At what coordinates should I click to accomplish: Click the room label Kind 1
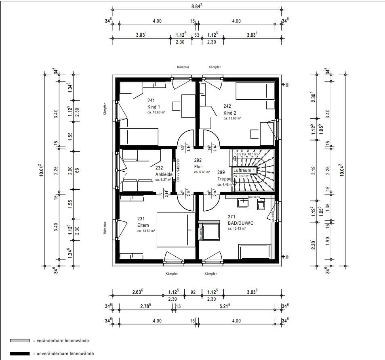[154, 107]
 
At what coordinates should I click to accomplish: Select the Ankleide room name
[164, 174]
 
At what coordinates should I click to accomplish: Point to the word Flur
[198, 166]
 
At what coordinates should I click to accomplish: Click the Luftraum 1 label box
[244, 171]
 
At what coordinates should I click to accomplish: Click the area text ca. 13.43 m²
[237, 228]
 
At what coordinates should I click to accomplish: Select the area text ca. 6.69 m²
[202, 172]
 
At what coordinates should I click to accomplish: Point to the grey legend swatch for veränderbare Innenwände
[20, 341]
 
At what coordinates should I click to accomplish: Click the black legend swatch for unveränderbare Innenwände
[20, 354]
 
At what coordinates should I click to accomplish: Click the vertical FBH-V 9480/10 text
[178, 169]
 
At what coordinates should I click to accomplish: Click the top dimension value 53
[197, 35]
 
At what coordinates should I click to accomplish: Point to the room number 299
[221, 172]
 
